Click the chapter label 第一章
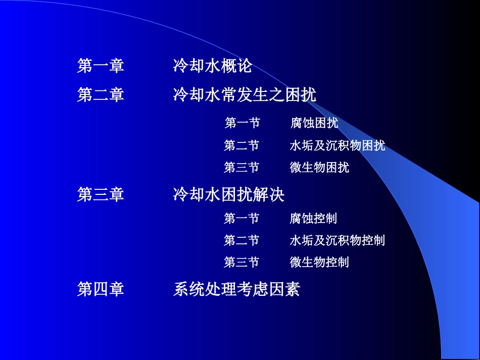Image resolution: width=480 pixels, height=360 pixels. (101, 66)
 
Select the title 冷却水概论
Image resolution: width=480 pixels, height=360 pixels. (212, 66)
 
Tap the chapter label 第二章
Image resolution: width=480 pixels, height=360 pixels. (101, 94)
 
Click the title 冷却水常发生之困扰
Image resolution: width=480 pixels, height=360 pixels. (245, 94)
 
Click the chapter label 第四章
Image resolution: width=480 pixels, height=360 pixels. (101, 289)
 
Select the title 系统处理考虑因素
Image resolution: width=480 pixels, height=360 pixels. (236, 289)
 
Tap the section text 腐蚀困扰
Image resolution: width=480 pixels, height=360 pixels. (314, 123)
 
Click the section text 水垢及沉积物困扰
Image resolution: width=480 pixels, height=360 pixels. (337, 145)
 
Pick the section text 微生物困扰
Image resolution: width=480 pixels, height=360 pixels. (319, 167)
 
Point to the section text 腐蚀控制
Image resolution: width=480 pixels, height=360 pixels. (313, 218)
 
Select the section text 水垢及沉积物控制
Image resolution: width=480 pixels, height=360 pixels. (337, 240)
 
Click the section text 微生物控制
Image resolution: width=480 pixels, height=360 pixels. (319, 262)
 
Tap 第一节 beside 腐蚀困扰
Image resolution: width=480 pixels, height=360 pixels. (242, 123)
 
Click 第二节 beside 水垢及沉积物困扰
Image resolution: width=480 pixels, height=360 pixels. (242, 145)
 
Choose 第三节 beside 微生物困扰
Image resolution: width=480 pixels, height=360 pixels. (242, 167)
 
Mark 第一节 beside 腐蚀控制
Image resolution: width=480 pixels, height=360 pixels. (242, 218)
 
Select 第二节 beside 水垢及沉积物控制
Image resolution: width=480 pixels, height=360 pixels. (242, 240)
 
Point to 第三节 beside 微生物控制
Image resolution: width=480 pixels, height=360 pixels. (242, 262)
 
